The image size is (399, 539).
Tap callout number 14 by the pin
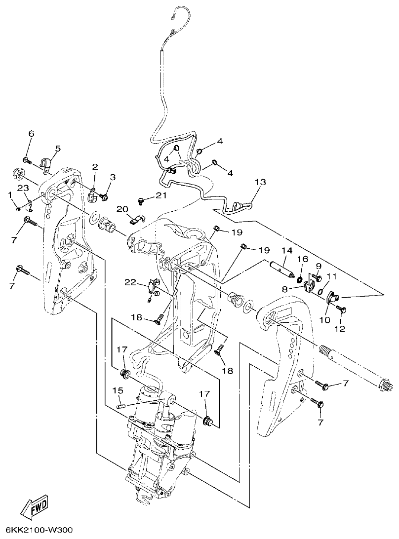click(287, 251)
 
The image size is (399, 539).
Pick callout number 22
click(130, 282)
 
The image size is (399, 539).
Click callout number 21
click(161, 196)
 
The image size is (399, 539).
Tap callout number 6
click(31, 134)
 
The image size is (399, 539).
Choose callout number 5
click(58, 148)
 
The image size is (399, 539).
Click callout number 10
click(324, 320)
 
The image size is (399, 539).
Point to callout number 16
click(302, 259)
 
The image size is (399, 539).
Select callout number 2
click(94, 166)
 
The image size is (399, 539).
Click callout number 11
click(331, 276)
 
